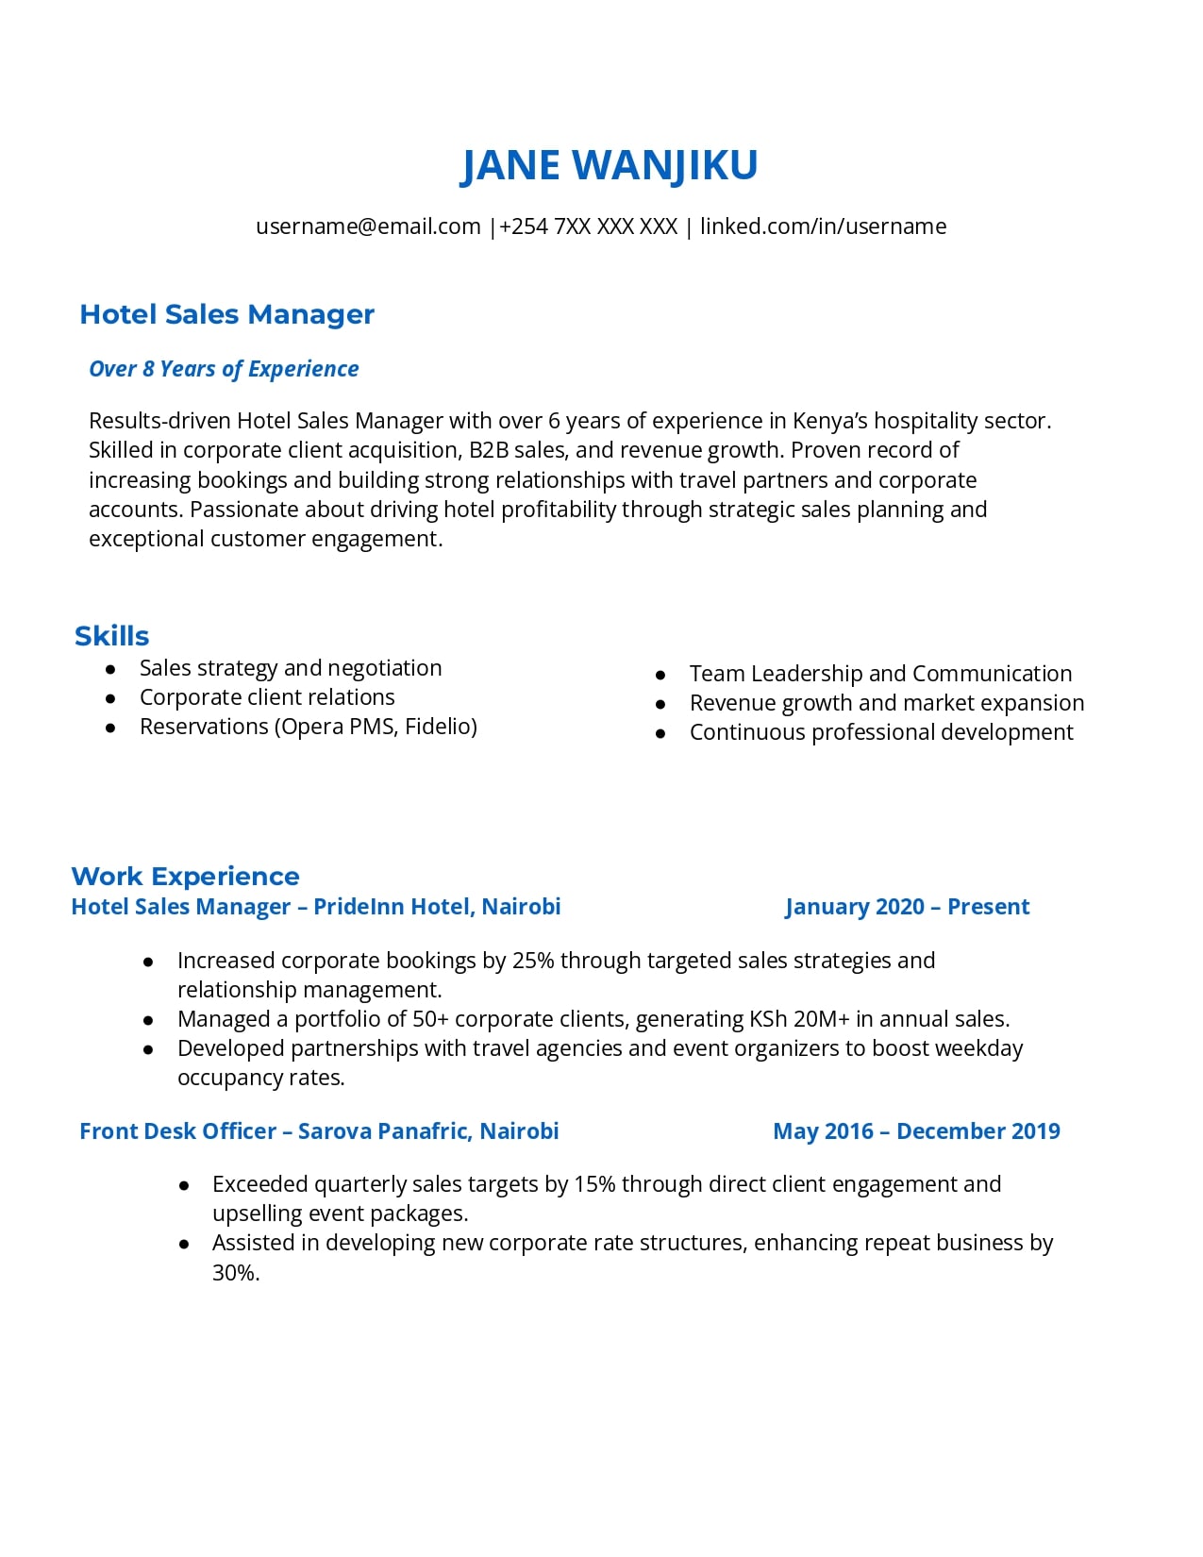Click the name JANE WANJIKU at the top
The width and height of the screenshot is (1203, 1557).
(609, 165)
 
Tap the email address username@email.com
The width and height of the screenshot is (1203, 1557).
(368, 226)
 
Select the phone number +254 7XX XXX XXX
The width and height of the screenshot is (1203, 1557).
(588, 226)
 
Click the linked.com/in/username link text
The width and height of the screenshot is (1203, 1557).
(823, 226)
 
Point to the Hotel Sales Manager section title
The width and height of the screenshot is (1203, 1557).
(226, 314)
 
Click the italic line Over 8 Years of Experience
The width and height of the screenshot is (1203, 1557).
(224, 369)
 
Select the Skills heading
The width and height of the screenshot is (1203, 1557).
(111, 636)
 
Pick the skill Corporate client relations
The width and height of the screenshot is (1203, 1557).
(267, 697)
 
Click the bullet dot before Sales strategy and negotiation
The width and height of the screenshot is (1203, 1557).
(111, 669)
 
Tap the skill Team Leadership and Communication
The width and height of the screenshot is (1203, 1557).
(880, 674)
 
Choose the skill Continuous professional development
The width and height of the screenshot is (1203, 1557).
(881, 732)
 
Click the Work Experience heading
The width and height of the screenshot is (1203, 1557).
(185, 877)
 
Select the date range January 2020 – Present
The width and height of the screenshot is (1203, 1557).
(907, 907)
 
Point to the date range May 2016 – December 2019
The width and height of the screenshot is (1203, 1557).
(916, 1131)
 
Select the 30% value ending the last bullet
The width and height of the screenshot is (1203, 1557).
(235, 1273)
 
